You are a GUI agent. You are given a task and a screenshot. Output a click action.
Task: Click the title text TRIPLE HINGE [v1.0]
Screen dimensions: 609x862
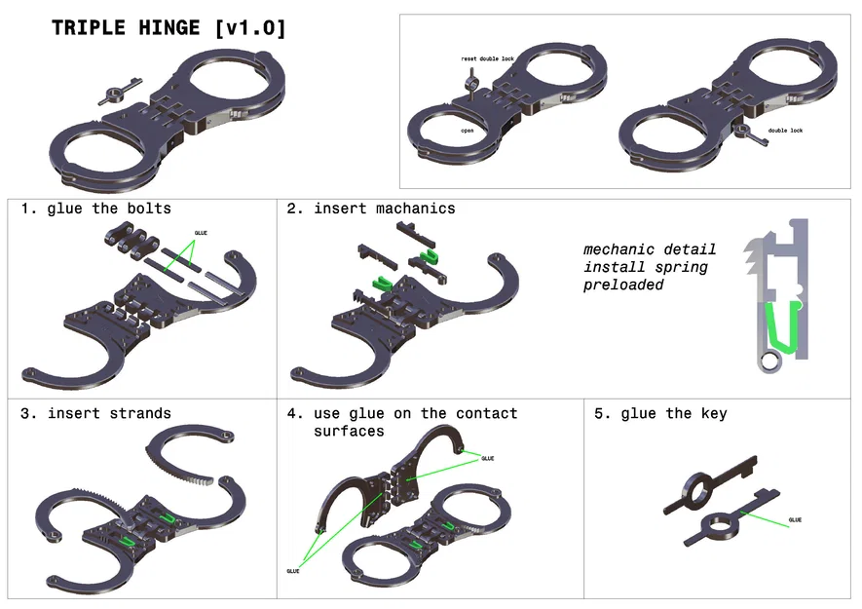click(x=169, y=28)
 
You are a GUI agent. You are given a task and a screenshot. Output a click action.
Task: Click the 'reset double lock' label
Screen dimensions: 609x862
click(x=487, y=59)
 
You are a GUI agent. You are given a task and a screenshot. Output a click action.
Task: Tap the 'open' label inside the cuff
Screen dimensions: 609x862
click(x=468, y=130)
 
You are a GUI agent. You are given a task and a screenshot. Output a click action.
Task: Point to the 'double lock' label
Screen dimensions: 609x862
click(x=785, y=130)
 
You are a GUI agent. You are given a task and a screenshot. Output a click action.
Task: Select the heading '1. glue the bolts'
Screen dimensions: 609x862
click(x=95, y=209)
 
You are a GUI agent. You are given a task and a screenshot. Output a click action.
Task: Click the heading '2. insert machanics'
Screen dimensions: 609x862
click(x=370, y=209)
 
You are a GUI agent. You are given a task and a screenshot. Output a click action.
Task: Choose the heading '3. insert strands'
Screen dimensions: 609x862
click(x=95, y=413)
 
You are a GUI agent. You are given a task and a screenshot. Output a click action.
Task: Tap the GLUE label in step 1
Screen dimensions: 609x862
click(x=202, y=233)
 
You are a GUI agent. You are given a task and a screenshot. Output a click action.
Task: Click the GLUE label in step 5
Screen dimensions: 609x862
click(x=796, y=520)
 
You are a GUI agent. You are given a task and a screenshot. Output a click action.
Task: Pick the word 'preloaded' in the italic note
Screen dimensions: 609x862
click(x=623, y=285)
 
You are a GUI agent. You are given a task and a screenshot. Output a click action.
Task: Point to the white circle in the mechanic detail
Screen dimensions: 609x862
click(x=769, y=362)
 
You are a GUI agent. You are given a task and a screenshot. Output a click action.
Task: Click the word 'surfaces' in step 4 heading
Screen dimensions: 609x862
click(x=349, y=431)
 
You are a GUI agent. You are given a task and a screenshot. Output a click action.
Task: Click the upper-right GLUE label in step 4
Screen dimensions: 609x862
click(x=487, y=458)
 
